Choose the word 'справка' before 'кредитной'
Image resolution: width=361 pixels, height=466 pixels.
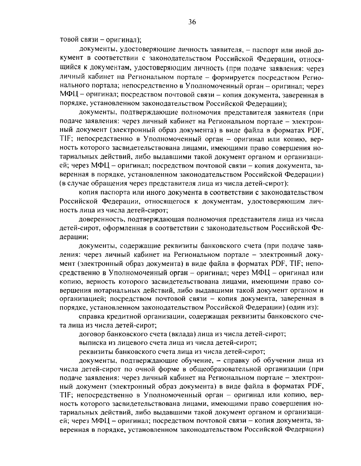[91, 316]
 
